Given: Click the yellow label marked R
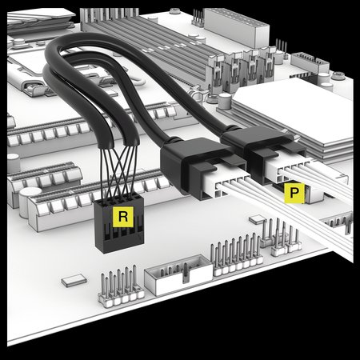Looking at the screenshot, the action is tap(123, 217).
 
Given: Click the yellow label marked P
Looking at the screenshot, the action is tap(294, 193).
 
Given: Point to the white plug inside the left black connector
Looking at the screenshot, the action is tap(226, 182).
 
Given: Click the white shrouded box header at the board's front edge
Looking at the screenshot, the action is tap(178, 274).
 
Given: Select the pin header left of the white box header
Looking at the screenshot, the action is tap(121, 286).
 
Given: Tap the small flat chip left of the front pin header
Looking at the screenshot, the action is tap(74, 281).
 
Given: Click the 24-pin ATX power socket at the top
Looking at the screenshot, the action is tap(236, 26).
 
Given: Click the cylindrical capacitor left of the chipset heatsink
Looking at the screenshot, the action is tap(225, 102).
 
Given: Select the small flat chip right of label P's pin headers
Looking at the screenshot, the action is tap(258, 219).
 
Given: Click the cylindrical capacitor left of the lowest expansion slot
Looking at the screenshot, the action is tap(30, 202).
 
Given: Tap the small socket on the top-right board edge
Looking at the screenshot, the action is tap(310, 63).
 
